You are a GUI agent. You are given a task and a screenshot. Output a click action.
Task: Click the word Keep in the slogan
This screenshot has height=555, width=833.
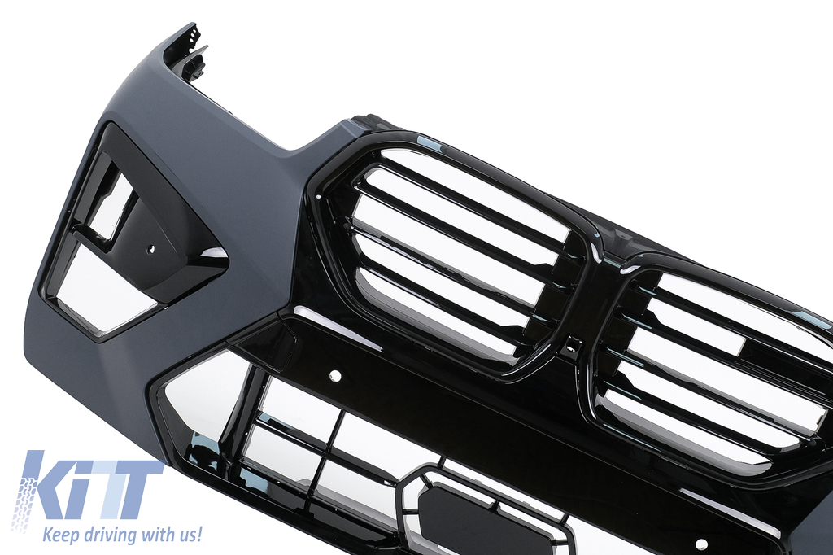pos(60,535)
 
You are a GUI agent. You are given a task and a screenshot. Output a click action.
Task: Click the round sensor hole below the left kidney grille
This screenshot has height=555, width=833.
pos(335,376)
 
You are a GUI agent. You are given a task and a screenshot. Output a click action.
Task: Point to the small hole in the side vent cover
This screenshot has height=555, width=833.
pos(150,247)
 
